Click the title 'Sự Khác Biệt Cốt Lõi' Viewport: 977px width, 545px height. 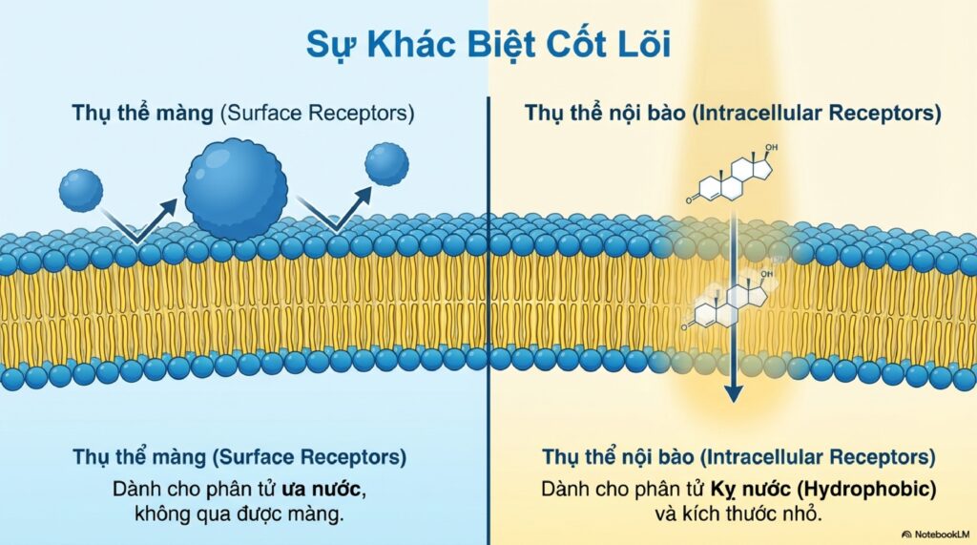click(x=488, y=45)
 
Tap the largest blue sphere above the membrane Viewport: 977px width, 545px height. click(x=236, y=190)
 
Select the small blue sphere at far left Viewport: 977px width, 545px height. click(x=81, y=190)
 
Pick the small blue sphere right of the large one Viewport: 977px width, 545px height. click(x=387, y=164)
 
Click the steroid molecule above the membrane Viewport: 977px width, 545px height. click(x=733, y=174)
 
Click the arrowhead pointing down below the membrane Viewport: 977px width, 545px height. click(x=734, y=392)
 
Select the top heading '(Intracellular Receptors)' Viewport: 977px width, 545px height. click(x=817, y=114)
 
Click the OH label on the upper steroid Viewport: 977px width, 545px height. click(x=771, y=148)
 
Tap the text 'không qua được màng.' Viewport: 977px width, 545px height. click(x=239, y=514)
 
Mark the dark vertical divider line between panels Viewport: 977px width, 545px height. click(x=488, y=321)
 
